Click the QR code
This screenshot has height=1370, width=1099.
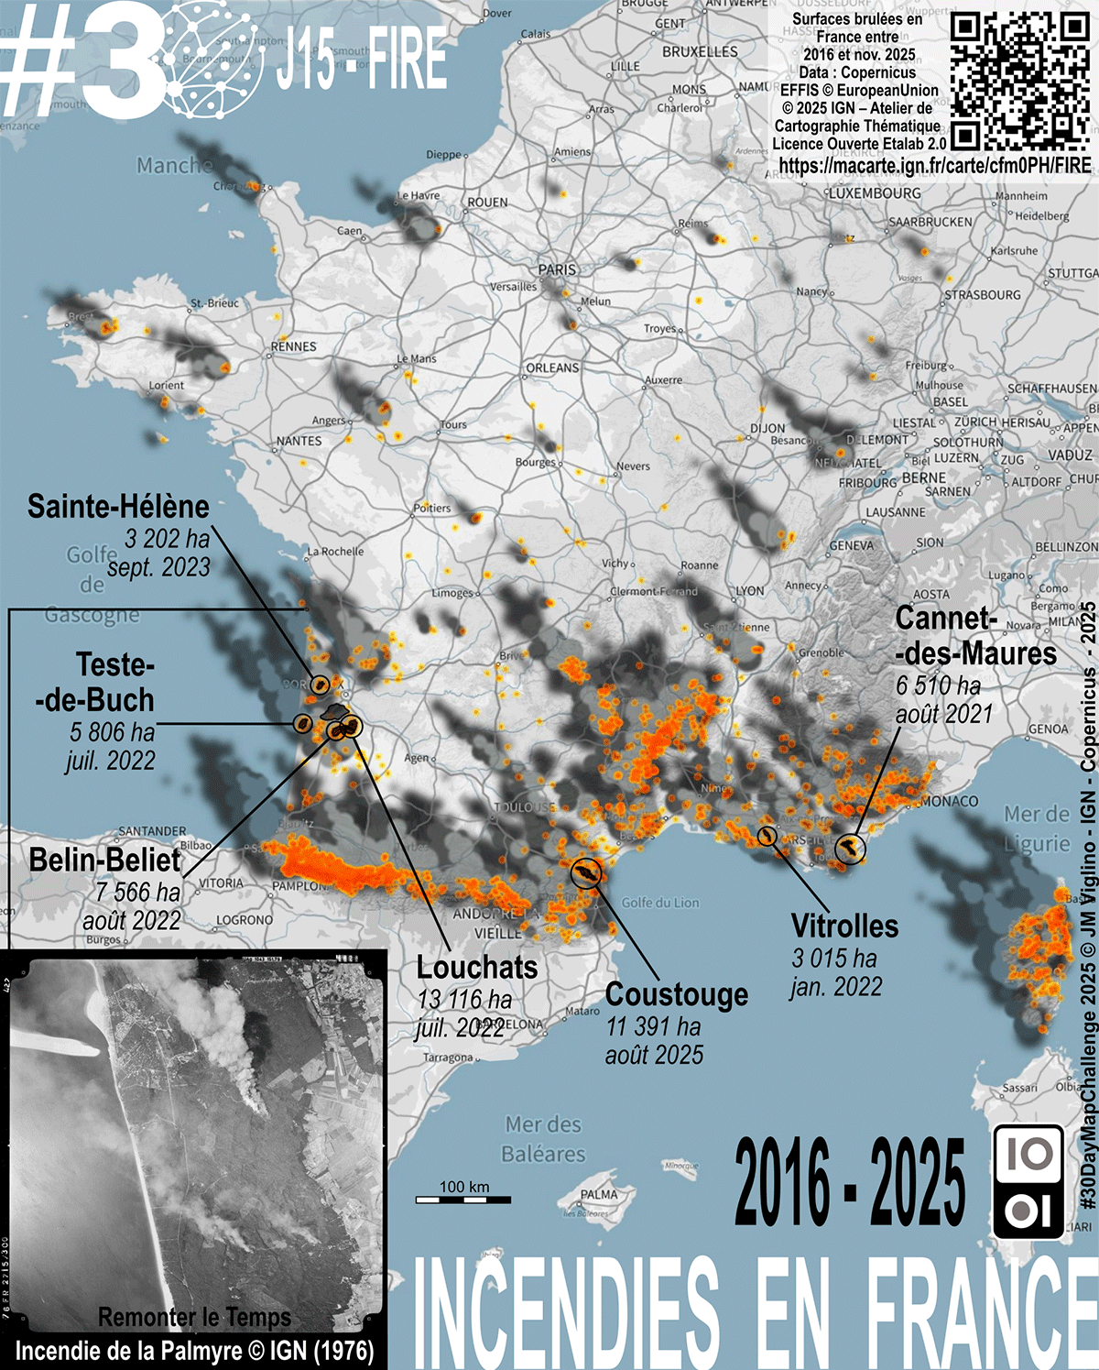coord(1019,82)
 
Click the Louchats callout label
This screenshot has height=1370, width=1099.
coord(476,968)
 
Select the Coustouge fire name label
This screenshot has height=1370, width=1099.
coord(677,995)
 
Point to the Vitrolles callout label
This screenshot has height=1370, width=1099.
coord(844,926)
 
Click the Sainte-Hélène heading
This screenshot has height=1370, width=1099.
coord(118,507)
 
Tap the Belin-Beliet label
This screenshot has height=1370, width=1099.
coord(105,860)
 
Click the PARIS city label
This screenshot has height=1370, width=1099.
coord(557,269)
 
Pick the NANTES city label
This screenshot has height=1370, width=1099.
coord(299,441)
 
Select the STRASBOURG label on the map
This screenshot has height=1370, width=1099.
coord(983,295)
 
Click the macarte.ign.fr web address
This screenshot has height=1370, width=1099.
coord(934,166)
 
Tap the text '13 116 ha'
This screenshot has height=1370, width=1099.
coord(464,1000)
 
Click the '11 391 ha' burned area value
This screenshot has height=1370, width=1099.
coord(653,1026)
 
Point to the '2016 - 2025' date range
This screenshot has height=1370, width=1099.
coord(849,1183)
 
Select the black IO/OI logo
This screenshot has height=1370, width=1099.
coord(1028,1182)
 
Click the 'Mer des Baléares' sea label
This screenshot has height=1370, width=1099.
coord(545,1139)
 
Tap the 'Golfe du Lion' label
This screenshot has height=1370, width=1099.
coord(659,903)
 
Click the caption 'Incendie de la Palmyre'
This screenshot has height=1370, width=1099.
coord(194,1351)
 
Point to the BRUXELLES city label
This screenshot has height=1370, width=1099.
coord(700,52)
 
